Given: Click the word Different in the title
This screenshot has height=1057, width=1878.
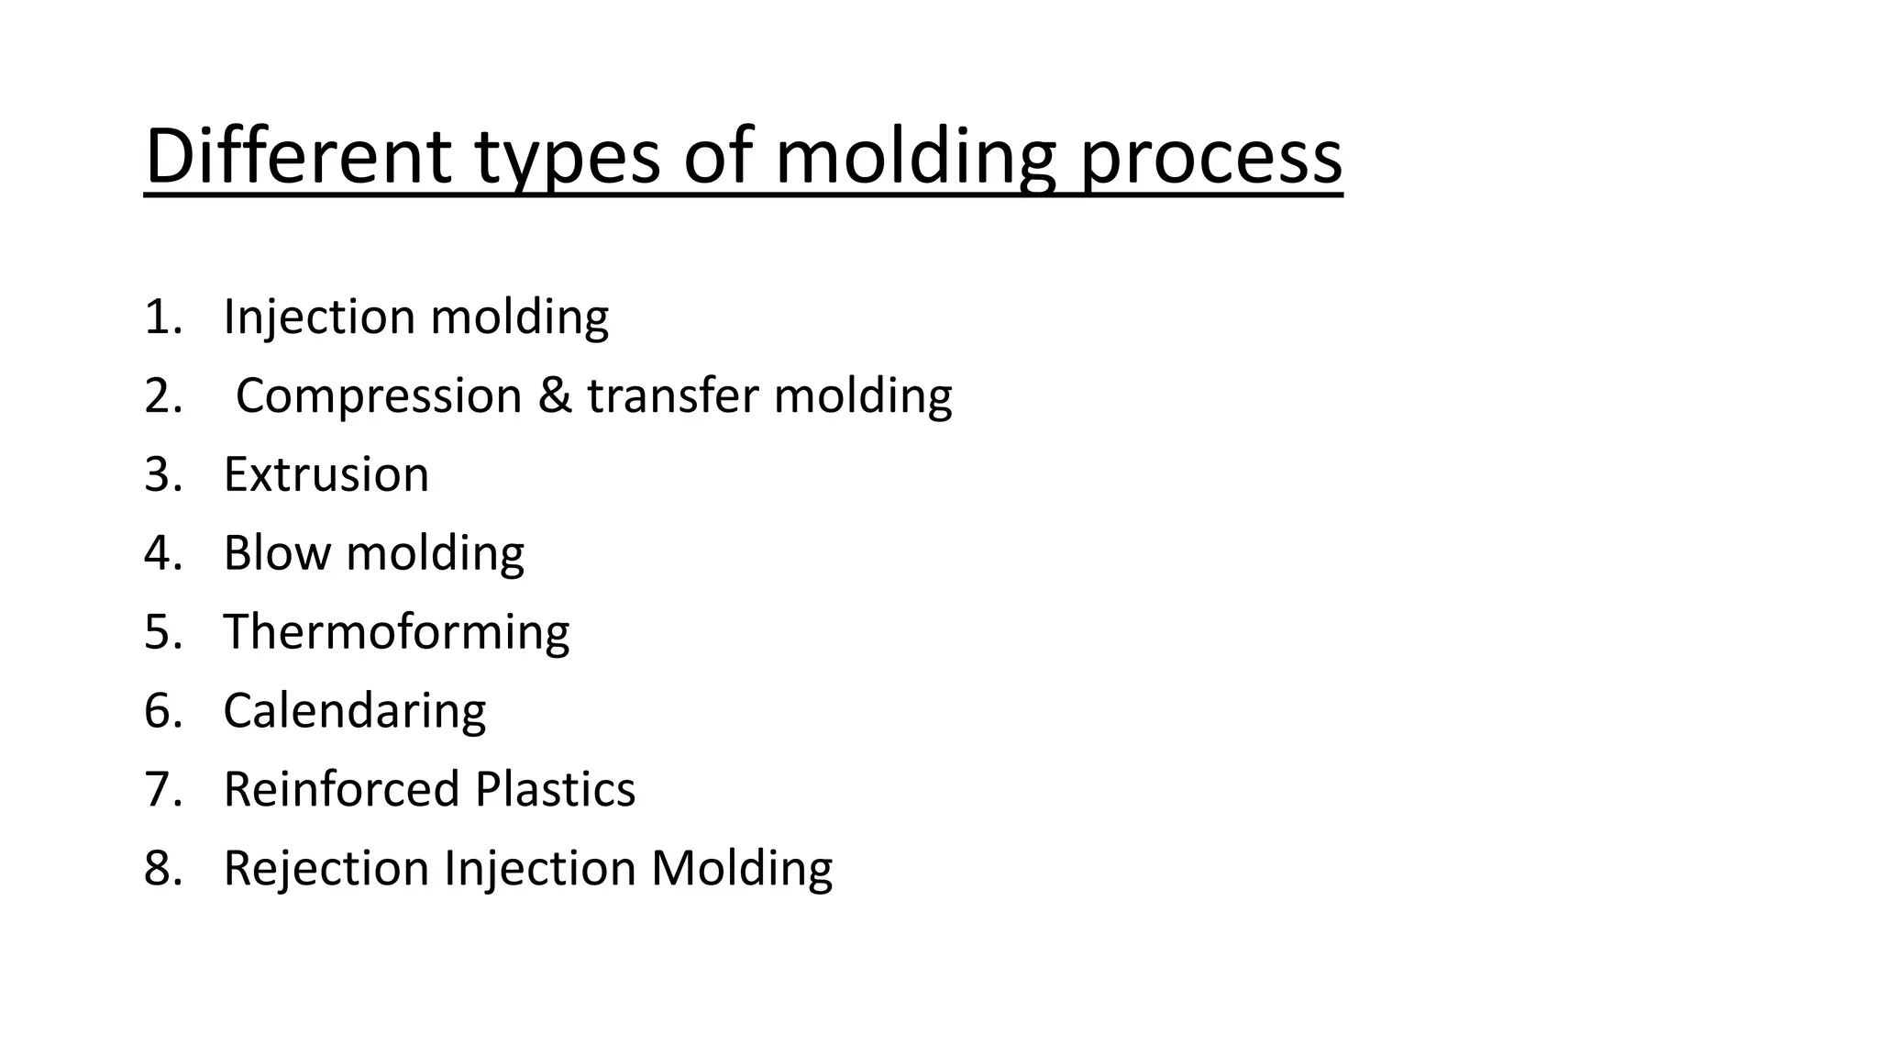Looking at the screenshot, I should point(298,156).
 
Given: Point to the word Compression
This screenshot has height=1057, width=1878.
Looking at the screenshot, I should point(379,396).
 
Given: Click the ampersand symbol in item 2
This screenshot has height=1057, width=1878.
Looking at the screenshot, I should point(554,396).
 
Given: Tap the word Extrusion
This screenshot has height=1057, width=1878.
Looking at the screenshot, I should point(326,475).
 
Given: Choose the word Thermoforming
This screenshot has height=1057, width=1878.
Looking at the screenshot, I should point(396,633).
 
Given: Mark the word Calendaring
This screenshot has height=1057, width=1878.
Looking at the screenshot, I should point(354,712).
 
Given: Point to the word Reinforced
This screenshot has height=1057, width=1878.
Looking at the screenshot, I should point(341,790).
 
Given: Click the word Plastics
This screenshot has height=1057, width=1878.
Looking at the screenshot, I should point(555,790).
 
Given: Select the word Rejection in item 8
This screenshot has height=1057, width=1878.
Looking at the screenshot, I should point(326,869).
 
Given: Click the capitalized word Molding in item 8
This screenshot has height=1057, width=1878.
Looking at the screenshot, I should point(741,869).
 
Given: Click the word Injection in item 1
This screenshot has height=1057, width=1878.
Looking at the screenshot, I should point(319,317).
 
